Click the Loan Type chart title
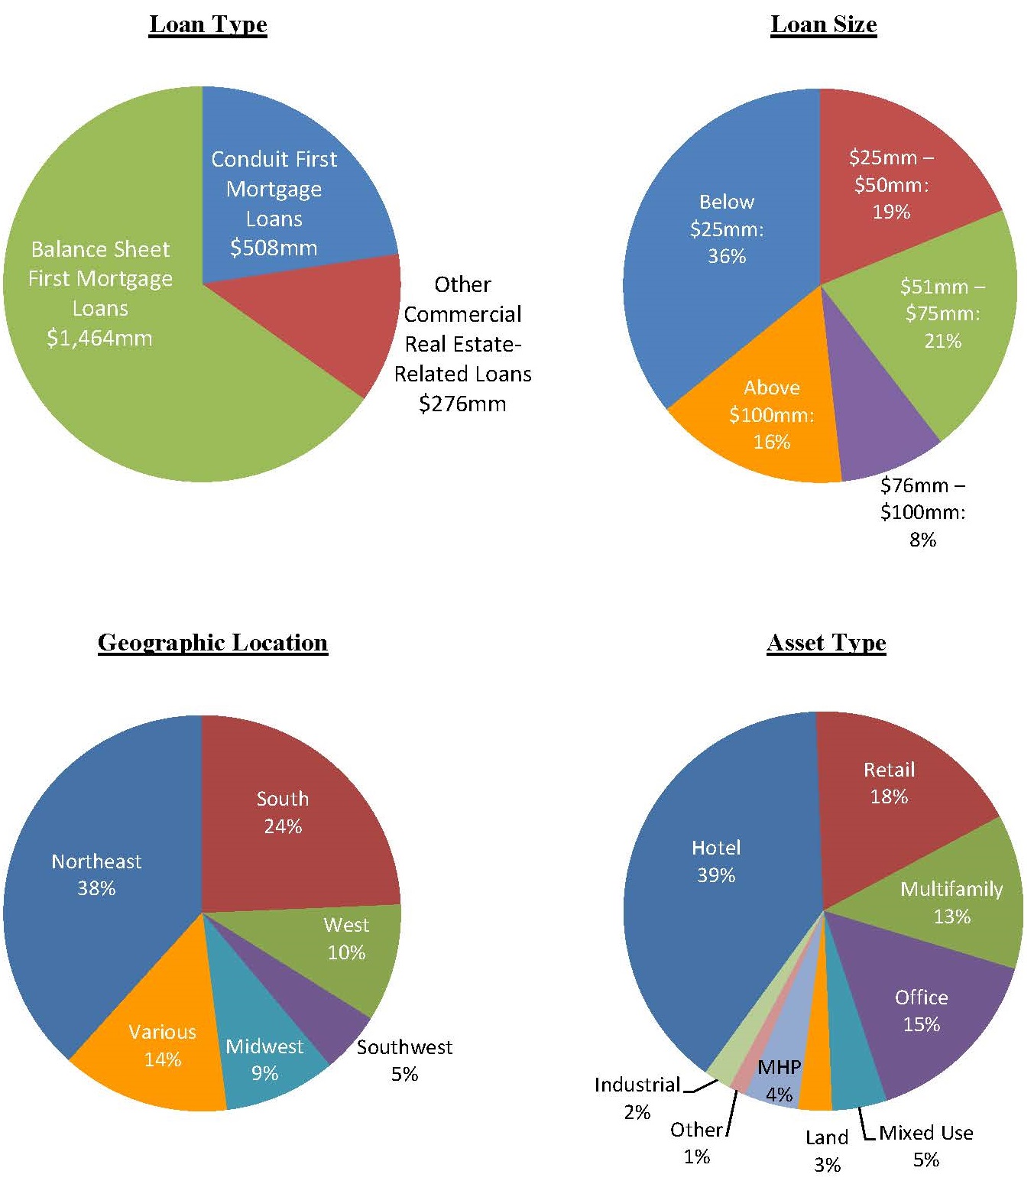[208, 24]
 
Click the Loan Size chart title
[823, 24]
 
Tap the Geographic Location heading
[212, 643]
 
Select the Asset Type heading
[826, 643]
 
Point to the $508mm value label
[274, 248]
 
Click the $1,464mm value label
[99, 338]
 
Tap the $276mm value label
[462, 404]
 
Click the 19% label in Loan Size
[891, 212]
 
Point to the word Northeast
[96, 861]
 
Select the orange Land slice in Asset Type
[816, 1085]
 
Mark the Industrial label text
[637, 1085]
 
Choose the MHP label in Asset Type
[779, 1067]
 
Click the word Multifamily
[951, 889]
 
